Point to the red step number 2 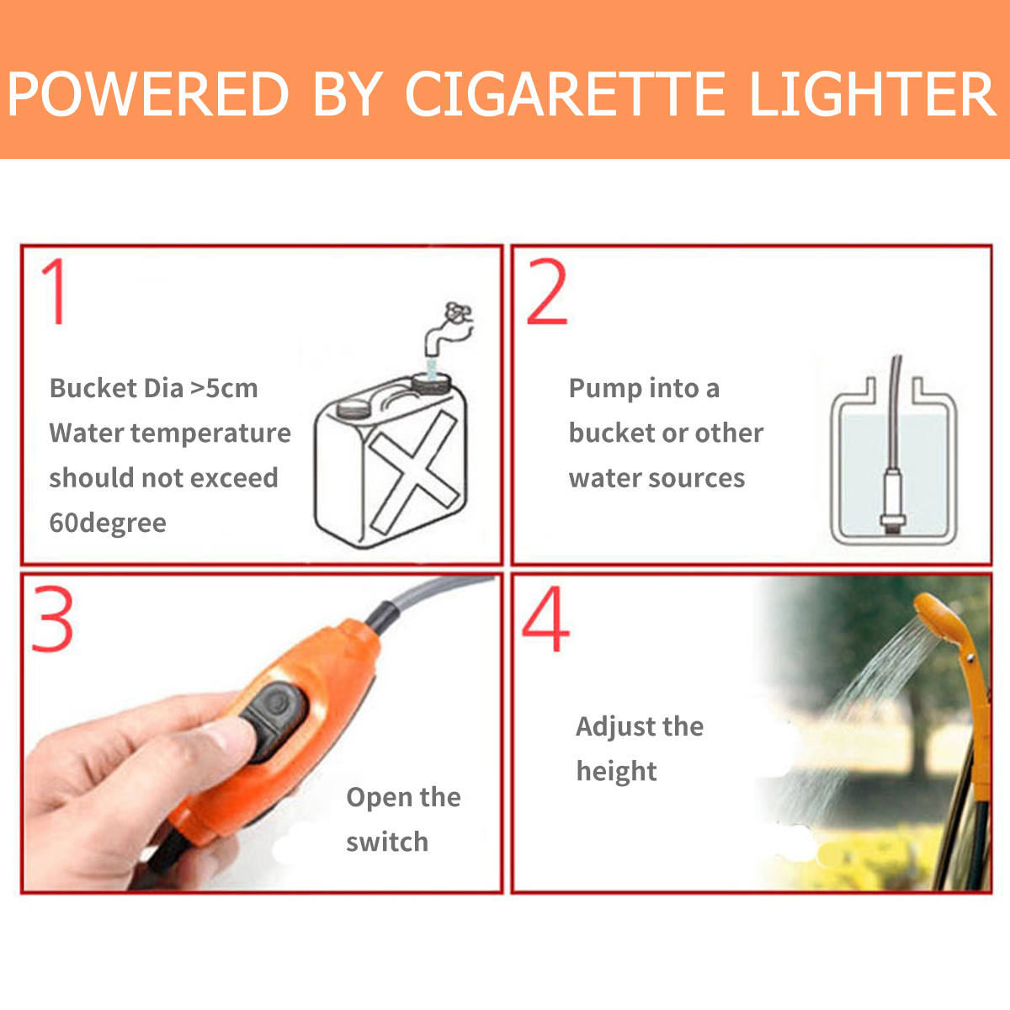pos(547,293)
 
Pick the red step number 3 pos(53,619)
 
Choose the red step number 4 pos(545,619)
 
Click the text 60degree pos(108,523)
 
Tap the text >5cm pos(224,388)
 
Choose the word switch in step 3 pos(387,842)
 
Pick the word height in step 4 pos(616,772)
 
